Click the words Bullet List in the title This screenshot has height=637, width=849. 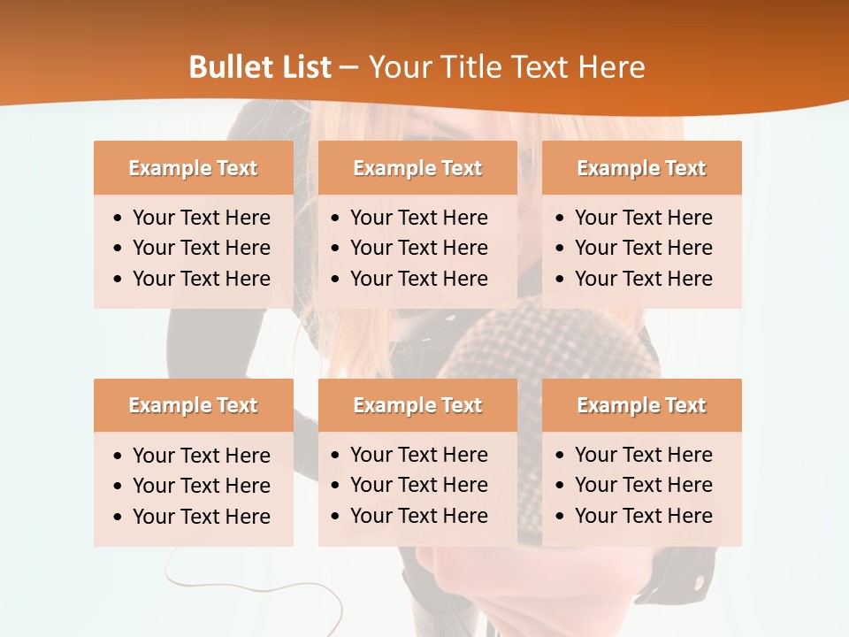click(260, 67)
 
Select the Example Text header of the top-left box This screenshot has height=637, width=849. click(193, 168)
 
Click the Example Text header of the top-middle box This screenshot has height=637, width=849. click(417, 168)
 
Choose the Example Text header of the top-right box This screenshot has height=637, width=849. click(641, 168)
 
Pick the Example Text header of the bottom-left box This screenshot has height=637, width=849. click(193, 405)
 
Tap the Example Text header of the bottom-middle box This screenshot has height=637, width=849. click(417, 405)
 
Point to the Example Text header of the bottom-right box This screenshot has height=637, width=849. click(641, 405)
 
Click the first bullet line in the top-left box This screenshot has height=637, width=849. click(201, 218)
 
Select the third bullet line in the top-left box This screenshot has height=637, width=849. click(201, 279)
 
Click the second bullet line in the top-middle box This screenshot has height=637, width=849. click(418, 248)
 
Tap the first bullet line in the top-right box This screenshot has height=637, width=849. click(643, 218)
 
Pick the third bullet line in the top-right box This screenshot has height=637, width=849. click(643, 279)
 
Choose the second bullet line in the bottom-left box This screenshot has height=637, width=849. click(201, 486)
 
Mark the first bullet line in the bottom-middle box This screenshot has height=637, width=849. click(418, 455)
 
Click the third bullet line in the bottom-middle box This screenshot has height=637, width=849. click(418, 516)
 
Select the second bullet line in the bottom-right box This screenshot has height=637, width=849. click(643, 485)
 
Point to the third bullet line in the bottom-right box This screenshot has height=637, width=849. click(643, 516)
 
